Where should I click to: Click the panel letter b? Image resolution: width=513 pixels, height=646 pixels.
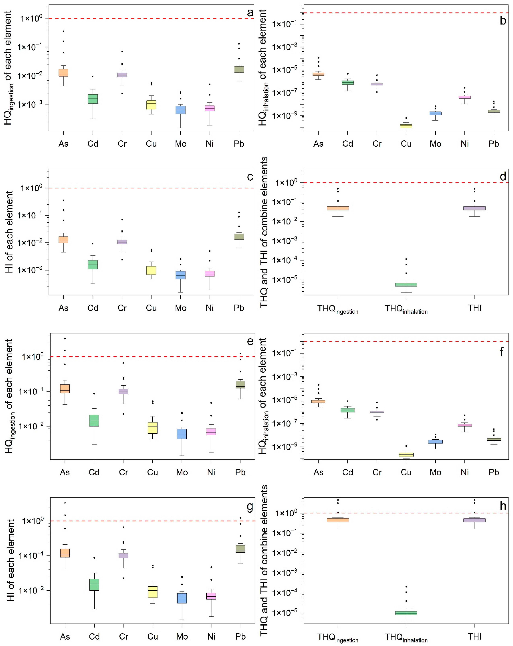[503, 21]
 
